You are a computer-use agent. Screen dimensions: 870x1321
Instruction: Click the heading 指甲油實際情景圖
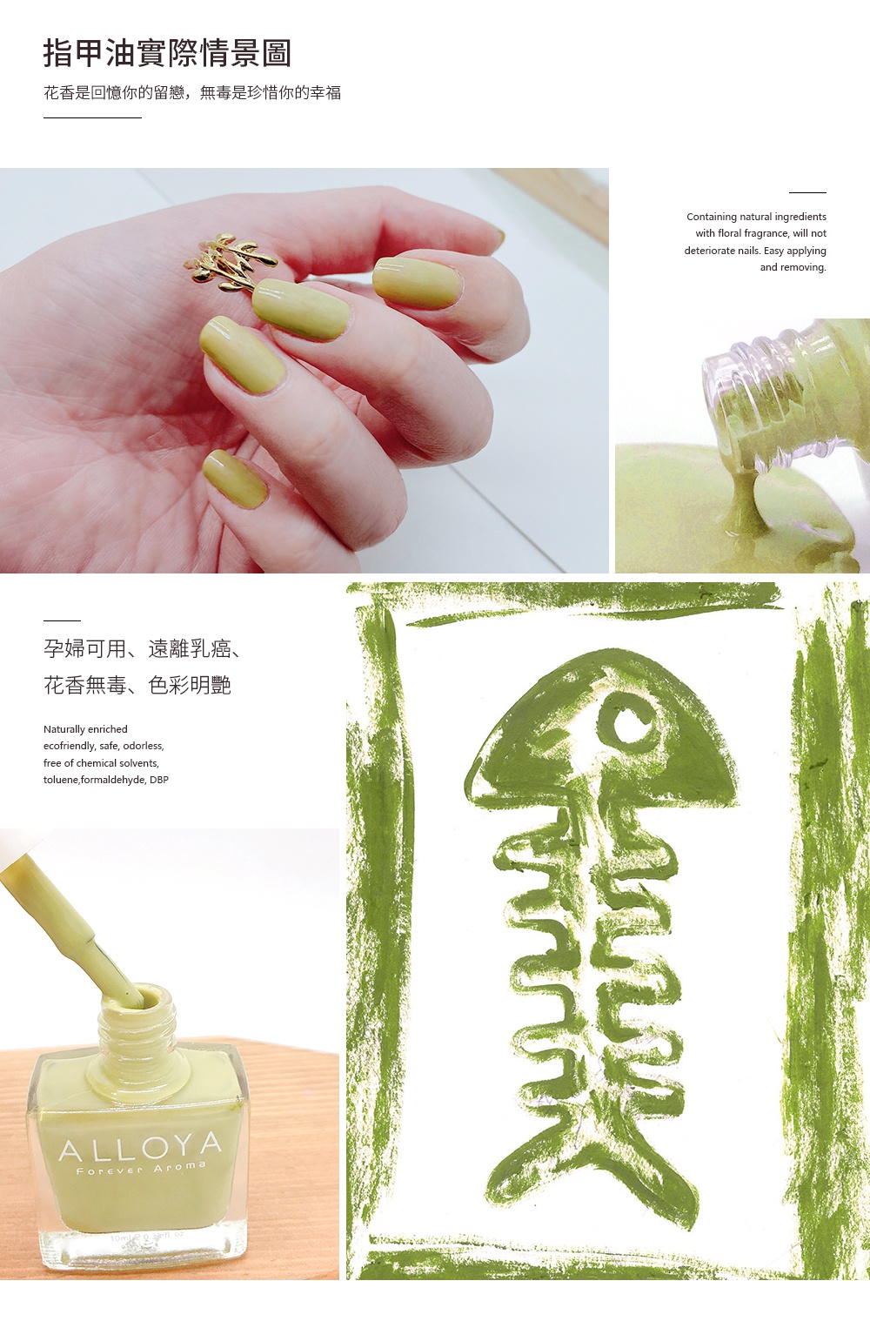[167, 53]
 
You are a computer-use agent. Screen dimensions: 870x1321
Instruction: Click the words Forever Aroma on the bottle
[141, 1168]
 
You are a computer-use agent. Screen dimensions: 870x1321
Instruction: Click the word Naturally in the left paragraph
[64, 729]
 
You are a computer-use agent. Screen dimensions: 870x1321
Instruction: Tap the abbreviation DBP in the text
[159, 779]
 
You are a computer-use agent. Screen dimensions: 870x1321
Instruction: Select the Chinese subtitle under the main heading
[192, 92]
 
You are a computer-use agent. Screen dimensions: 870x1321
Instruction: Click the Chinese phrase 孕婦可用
[85, 648]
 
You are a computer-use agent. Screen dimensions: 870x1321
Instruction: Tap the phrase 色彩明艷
[189, 685]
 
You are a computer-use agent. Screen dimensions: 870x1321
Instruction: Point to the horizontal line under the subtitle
[92, 118]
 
